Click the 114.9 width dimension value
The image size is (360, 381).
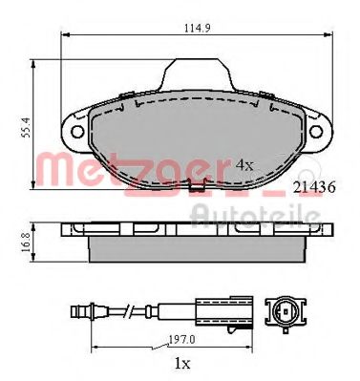tap(198, 28)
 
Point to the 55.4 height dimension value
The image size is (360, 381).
tap(27, 127)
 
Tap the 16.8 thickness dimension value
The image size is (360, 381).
tap(26, 243)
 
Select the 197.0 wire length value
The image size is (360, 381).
tap(181, 340)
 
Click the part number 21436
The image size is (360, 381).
tap(314, 187)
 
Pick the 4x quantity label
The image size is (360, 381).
tap(244, 165)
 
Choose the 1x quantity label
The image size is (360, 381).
tap(182, 363)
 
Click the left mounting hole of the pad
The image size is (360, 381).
tap(77, 132)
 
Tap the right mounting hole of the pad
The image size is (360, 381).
tap(316, 132)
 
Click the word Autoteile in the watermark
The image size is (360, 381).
tap(256, 216)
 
